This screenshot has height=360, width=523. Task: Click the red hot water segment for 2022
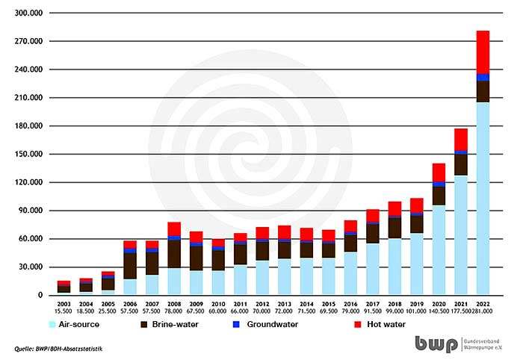point(483,52)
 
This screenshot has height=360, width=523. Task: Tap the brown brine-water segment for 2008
point(174,253)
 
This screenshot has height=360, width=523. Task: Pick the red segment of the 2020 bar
point(439,172)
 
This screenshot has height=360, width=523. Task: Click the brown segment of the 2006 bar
point(130,265)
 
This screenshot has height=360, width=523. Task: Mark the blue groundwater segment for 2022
point(483,78)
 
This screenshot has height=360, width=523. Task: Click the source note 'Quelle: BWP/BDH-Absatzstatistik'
point(58,349)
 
